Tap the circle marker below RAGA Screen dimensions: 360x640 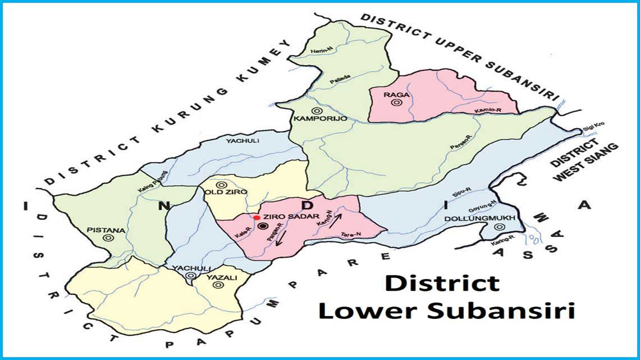[x=397, y=103]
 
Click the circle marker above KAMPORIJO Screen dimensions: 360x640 [x=316, y=110]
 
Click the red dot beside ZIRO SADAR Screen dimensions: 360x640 [x=256, y=217]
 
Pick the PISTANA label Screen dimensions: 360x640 [x=105, y=230]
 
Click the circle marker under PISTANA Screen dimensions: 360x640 [x=106, y=238]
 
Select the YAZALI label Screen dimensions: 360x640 [x=217, y=277]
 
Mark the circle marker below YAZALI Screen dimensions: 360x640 [x=217, y=285]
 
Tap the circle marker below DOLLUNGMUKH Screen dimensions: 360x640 [x=498, y=227]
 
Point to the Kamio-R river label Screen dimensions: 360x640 [x=489, y=110]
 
